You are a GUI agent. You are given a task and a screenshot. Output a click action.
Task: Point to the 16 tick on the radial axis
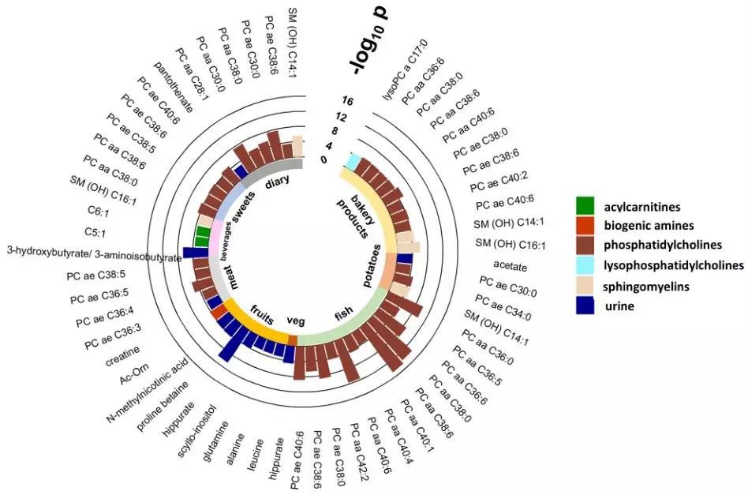(x=348, y=101)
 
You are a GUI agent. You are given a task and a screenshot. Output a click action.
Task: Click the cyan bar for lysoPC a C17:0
(x=354, y=161)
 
